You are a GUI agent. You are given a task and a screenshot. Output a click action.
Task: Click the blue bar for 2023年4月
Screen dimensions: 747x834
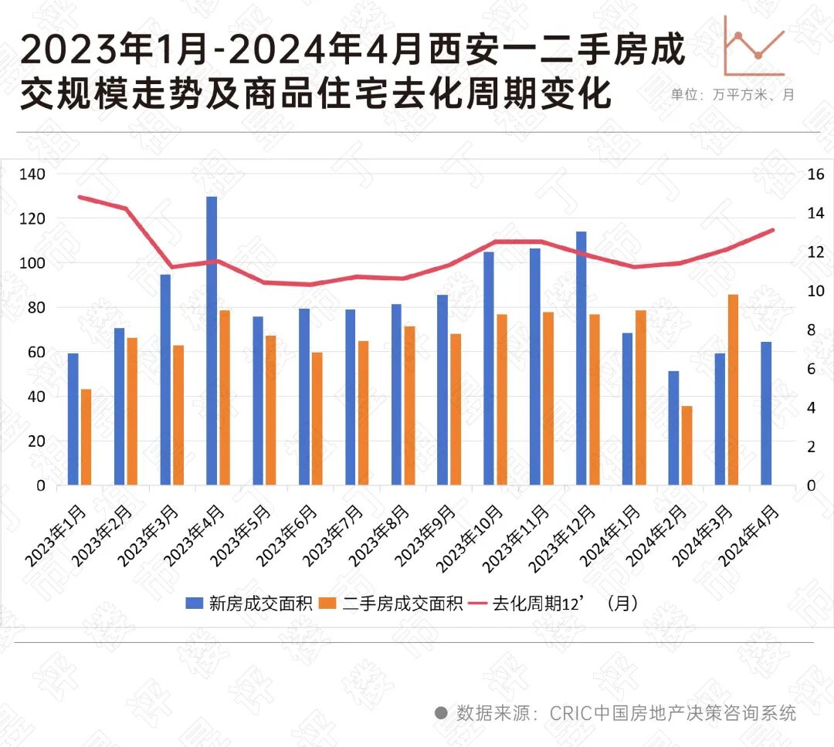[x=212, y=340]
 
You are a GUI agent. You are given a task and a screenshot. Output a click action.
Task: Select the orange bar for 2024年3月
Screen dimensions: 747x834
[x=733, y=390]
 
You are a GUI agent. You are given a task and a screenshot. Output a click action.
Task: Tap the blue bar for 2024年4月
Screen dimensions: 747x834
[x=766, y=413]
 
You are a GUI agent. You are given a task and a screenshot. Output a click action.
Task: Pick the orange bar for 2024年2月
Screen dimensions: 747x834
[x=687, y=445]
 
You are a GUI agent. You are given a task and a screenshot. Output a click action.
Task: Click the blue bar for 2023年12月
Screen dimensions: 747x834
[x=581, y=358]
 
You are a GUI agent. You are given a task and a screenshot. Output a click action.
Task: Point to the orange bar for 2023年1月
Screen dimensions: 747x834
[x=86, y=437]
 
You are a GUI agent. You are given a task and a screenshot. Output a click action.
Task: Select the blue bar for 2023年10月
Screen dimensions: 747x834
[x=489, y=368]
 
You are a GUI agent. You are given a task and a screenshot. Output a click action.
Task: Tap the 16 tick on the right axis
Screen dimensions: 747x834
[x=816, y=174]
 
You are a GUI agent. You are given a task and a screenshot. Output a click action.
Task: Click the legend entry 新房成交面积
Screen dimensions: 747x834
[x=249, y=603]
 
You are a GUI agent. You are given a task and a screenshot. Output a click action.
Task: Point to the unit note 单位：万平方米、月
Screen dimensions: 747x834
[x=733, y=95]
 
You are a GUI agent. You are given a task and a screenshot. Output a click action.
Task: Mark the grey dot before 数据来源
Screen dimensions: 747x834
[x=441, y=712]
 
